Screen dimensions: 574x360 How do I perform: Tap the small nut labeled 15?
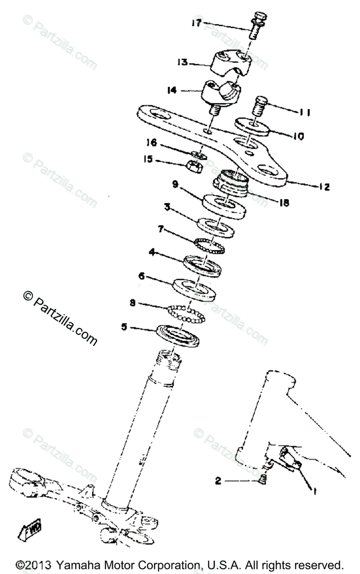tap(194, 166)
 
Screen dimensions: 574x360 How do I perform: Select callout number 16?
tap(151, 143)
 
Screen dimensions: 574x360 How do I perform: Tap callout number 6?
tap(142, 276)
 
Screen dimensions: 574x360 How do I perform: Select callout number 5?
tap(124, 327)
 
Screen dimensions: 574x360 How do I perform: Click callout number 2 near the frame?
tap(218, 481)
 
